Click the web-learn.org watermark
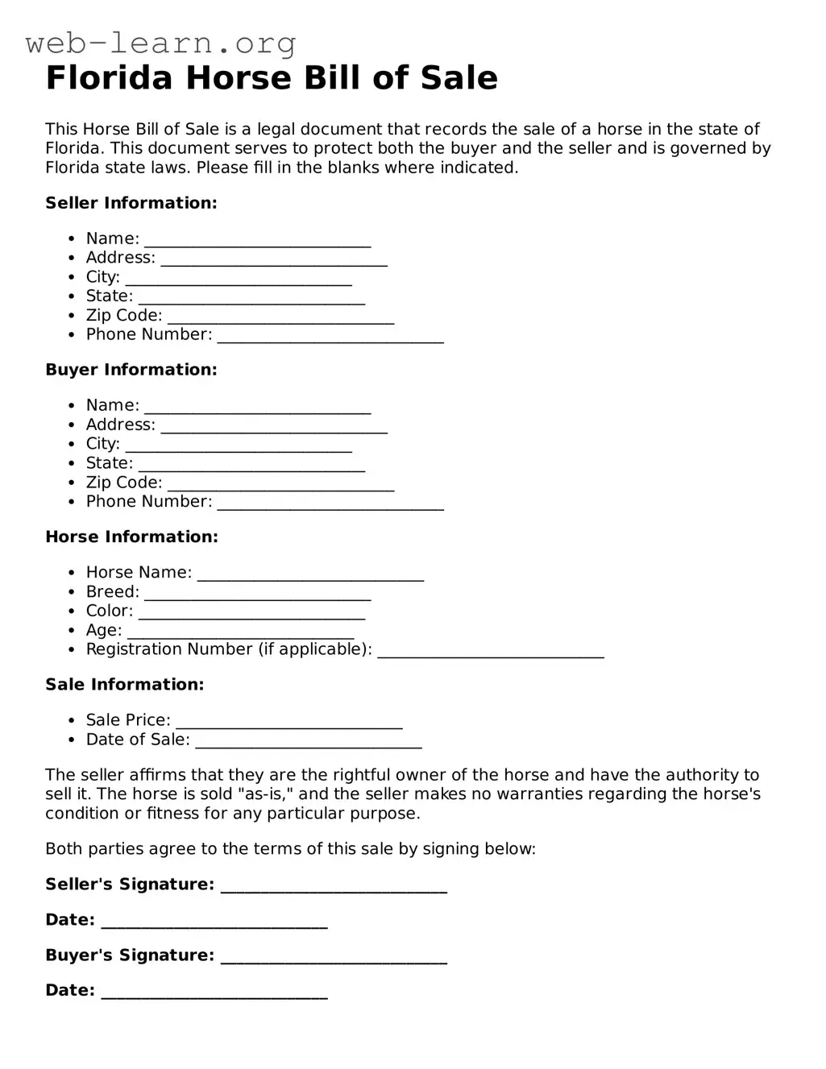click(160, 43)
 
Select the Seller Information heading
click(131, 203)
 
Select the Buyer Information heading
click(131, 370)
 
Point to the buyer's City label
click(102, 444)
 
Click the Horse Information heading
click(131, 537)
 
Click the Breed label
click(112, 592)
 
